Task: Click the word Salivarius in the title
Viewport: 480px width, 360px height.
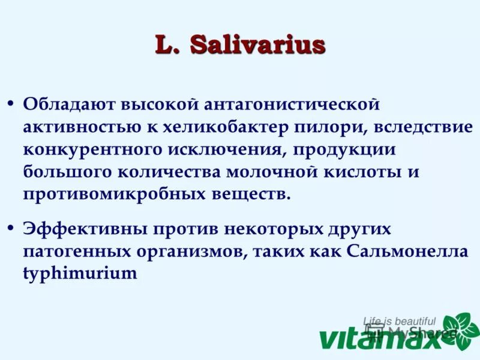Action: [257, 46]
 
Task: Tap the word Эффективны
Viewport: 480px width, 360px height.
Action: [81, 229]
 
